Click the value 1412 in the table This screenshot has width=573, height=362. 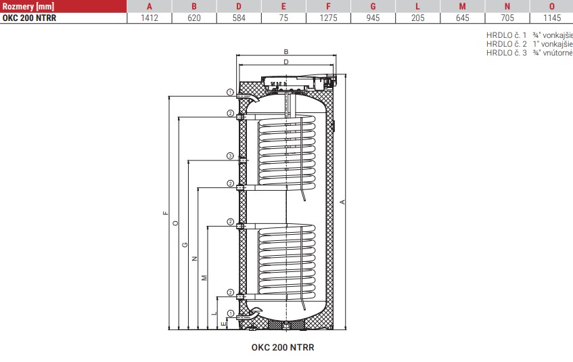coord(150,18)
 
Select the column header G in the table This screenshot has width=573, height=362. coord(373,6)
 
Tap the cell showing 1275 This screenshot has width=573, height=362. coord(328,18)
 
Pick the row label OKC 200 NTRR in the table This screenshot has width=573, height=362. coord(29,18)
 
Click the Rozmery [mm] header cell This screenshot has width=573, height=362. coord(28,6)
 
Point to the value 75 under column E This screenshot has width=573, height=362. coord(283,18)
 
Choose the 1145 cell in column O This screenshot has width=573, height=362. coord(552,18)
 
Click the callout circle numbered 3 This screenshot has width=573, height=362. coord(230,156)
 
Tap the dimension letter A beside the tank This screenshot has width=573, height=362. coord(342,202)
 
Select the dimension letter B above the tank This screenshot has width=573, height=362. coord(286,52)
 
